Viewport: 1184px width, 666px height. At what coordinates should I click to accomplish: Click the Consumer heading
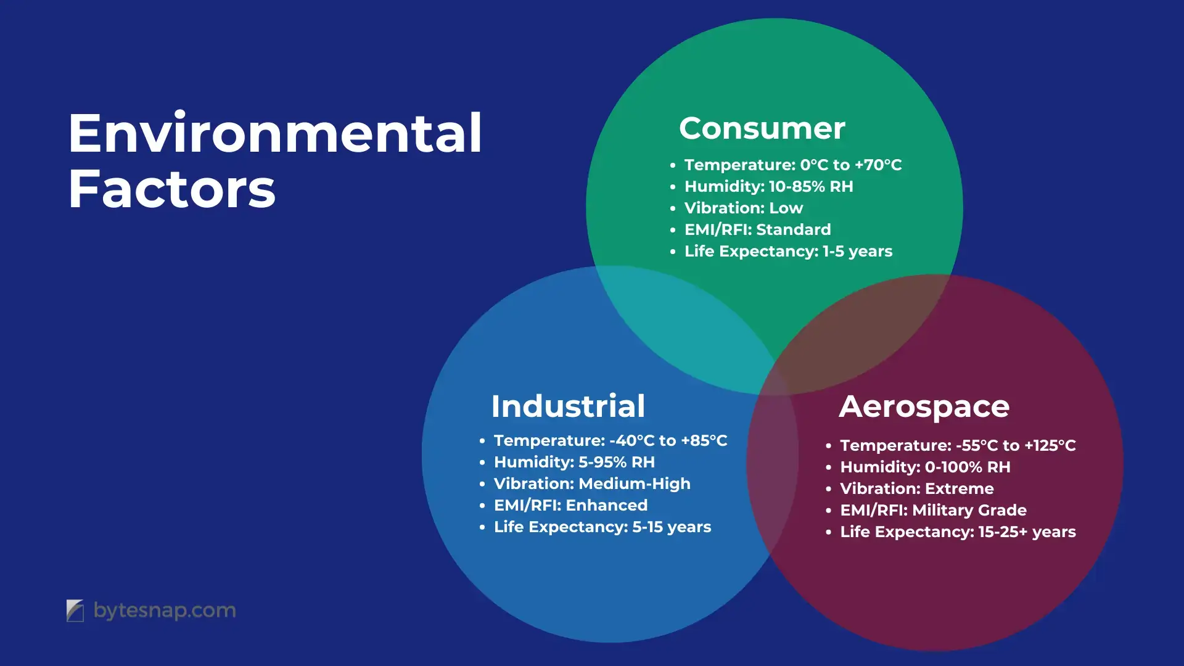[762, 128]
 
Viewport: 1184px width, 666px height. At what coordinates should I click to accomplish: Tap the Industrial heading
[568, 406]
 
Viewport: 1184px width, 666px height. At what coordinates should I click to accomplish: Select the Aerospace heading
[924, 407]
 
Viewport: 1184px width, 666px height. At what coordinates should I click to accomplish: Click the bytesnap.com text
[165, 610]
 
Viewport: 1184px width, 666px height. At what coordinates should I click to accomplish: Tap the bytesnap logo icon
[75, 610]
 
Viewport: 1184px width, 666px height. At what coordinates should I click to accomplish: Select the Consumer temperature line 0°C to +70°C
[793, 165]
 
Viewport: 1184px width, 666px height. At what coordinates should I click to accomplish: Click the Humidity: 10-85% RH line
[769, 186]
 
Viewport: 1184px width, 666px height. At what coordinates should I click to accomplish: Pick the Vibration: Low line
[744, 208]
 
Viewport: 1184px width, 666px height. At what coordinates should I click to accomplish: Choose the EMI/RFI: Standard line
[758, 229]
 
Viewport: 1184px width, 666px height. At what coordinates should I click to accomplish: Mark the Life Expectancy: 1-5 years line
[789, 251]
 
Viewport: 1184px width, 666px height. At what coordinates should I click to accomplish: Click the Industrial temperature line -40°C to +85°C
[610, 440]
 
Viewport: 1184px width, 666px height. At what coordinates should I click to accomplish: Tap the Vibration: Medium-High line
[592, 483]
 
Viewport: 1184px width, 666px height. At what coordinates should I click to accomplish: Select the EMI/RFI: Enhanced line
[571, 505]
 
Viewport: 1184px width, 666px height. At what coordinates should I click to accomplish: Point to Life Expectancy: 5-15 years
[602, 527]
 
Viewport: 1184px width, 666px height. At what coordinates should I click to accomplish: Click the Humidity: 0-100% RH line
[926, 467]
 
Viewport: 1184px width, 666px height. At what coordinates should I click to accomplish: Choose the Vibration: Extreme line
[917, 488]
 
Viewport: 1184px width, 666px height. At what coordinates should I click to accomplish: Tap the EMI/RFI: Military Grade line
[934, 510]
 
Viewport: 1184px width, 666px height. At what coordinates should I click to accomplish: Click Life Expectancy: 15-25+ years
[958, 532]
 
